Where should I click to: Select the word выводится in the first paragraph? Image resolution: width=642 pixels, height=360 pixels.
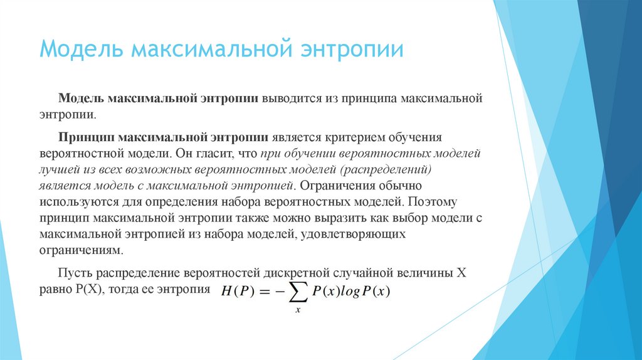click(x=292, y=99)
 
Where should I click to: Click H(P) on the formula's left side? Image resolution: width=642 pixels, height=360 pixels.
click(x=236, y=292)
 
